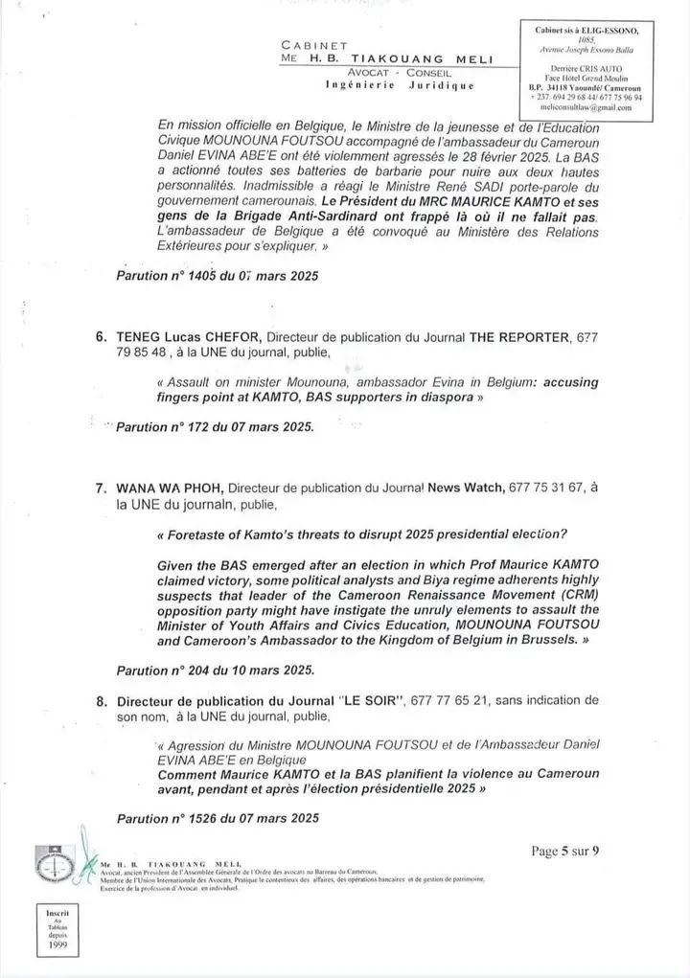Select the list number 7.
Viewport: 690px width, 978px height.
pos(100,489)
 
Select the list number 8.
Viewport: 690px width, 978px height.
pos(100,702)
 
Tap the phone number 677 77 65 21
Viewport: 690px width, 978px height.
pos(449,702)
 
